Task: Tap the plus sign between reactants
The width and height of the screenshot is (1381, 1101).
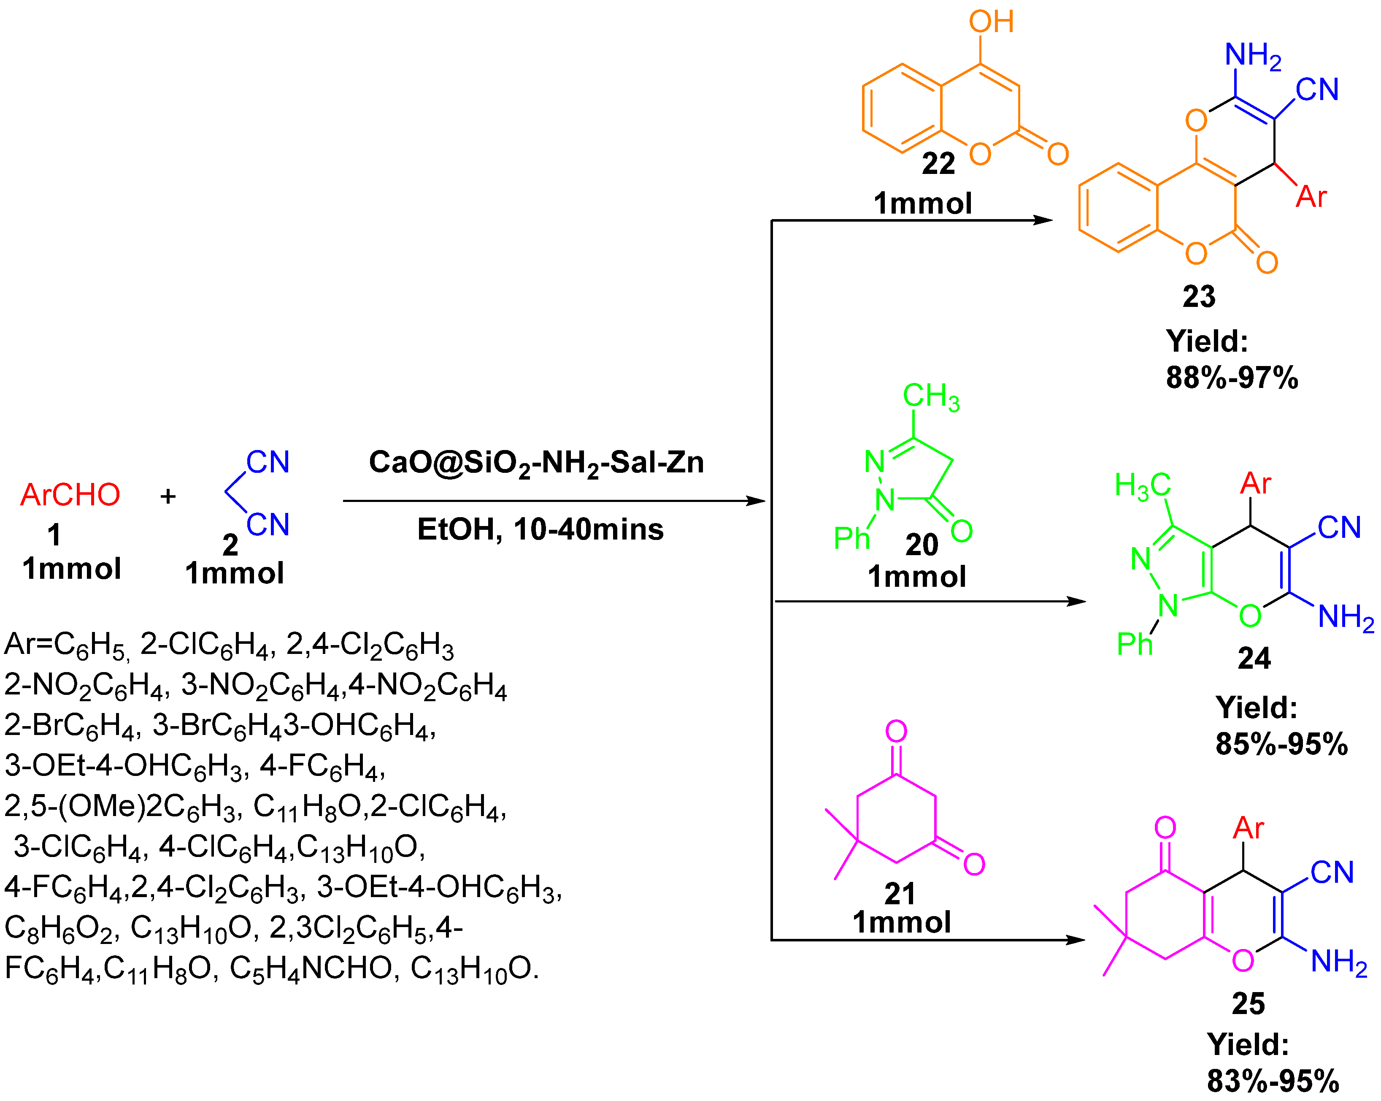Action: pos(168,496)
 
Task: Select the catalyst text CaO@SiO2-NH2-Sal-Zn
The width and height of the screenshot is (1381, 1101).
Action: pos(536,463)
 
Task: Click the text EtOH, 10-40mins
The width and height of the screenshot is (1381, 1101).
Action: pos(540,529)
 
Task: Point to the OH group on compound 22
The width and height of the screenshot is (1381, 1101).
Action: pos(991,22)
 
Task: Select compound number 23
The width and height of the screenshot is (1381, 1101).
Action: pos(1198,297)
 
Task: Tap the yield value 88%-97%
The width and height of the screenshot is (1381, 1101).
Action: pos(1231,377)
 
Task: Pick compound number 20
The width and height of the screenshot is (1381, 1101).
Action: pos(921,545)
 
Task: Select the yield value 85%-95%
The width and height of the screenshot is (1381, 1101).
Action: pos(1281,744)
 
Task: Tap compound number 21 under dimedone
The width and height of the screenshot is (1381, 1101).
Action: pos(899,893)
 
